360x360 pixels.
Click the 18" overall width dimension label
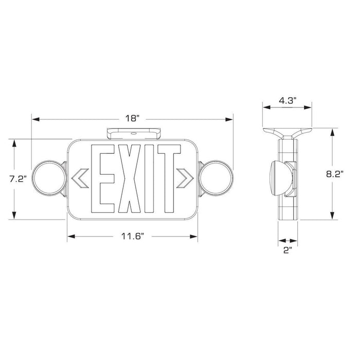click(132, 118)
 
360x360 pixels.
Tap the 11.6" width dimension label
click(132, 236)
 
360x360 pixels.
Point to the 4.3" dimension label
click(286, 100)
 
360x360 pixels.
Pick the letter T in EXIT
click(168, 179)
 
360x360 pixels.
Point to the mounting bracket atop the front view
click(133, 133)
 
